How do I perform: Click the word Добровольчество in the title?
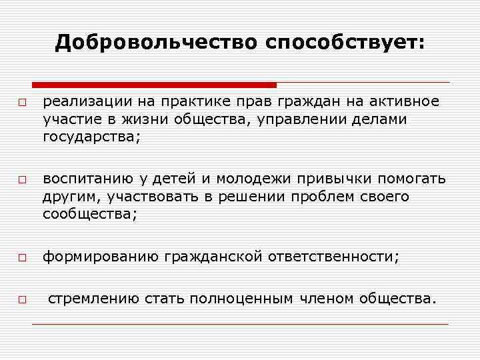156,43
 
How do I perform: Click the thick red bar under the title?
154,85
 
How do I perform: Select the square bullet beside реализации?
22,103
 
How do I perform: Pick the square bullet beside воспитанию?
22,181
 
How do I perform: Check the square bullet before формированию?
22,257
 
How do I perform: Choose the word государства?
92,137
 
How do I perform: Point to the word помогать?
412,179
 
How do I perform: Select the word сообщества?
89,214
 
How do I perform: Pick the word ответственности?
333,257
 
